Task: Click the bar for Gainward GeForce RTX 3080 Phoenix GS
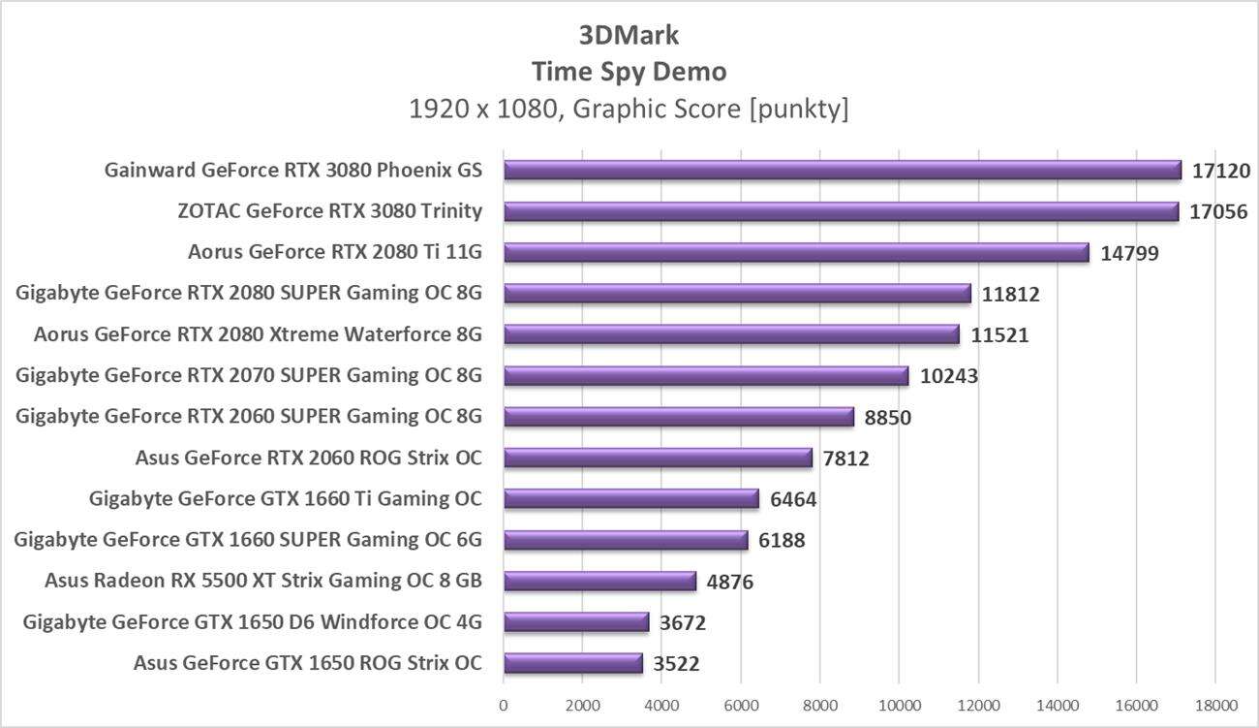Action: [x=842, y=171]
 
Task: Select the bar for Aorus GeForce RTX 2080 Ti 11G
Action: [x=796, y=253]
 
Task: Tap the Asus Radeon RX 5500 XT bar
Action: [x=599, y=582]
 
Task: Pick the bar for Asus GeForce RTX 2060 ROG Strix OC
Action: [x=658, y=458]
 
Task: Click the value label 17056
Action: [x=1220, y=211]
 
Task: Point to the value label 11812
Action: [x=1012, y=294]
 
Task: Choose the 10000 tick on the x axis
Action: [x=898, y=705]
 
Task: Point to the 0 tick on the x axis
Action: [x=504, y=705]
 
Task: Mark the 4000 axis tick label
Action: [x=661, y=705]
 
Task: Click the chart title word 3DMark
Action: [x=629, y=36]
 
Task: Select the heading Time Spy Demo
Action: [x=629, y=72]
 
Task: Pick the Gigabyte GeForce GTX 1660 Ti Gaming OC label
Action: [x=285, y=499]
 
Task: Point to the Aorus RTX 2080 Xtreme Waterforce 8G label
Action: [x=258, y=335]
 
